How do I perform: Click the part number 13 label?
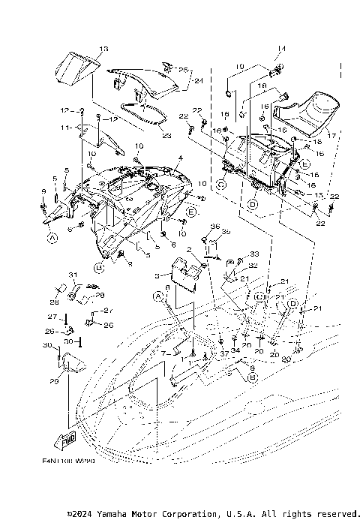pos(103,49)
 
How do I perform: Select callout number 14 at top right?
pos(282,50)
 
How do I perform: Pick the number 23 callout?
pos(166,135)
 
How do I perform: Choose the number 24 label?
pos(199,78)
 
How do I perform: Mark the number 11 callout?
pos(65,128)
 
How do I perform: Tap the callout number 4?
pos(180,158)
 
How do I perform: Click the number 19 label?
pos(239,67)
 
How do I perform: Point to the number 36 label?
pos(214,227)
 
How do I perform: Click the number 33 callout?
pos(253,254)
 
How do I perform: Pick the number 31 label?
pos(73,273)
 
